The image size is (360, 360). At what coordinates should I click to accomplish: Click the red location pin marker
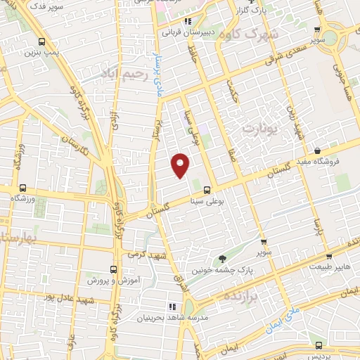click(181, 165)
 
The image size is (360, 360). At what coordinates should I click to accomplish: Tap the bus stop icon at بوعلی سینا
click(207, 189)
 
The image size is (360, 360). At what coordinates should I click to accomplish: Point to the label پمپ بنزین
click(39, 53)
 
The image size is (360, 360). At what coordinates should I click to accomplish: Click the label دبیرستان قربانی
click(185, 32)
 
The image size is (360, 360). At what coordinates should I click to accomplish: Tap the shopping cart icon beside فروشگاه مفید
click(318, 150)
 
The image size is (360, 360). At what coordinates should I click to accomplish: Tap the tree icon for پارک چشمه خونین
click(223, 259)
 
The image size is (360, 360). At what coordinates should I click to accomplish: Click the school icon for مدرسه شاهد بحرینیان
click(171, 307)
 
